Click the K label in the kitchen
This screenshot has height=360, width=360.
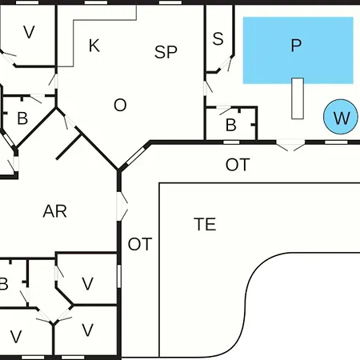tap(94, 46)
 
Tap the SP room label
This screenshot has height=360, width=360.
tap(166, 52)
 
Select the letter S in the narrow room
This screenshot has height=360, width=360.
tap(218, 38)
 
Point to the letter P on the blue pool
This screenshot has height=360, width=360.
tap(296, 46)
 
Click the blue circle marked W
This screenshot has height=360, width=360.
tap(341, 117)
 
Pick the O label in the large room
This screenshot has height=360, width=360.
tap(120, 105)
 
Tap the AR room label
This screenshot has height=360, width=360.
tap(54, 211)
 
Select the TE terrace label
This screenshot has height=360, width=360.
tap(205, 224)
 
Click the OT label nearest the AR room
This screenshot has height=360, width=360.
tap(140, 244)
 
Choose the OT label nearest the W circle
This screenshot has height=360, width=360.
tap(238, 165)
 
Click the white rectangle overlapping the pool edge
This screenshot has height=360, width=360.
tap(298, 98)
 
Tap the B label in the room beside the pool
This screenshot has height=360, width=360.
tap(231, 125)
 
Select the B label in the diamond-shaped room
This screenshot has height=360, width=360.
tap(22, 118)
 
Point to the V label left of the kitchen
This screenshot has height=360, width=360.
tap(29, 32)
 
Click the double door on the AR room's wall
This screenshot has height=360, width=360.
tap(122, 206)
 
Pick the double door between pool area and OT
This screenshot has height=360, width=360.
tap(290, 146)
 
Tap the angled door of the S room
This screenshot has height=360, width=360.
tap(225, 64)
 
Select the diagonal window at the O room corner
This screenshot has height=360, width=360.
tap(135, 156)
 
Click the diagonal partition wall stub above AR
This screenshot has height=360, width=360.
tap(69, 146)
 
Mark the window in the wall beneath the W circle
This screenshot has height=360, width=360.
tap(336, 142)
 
